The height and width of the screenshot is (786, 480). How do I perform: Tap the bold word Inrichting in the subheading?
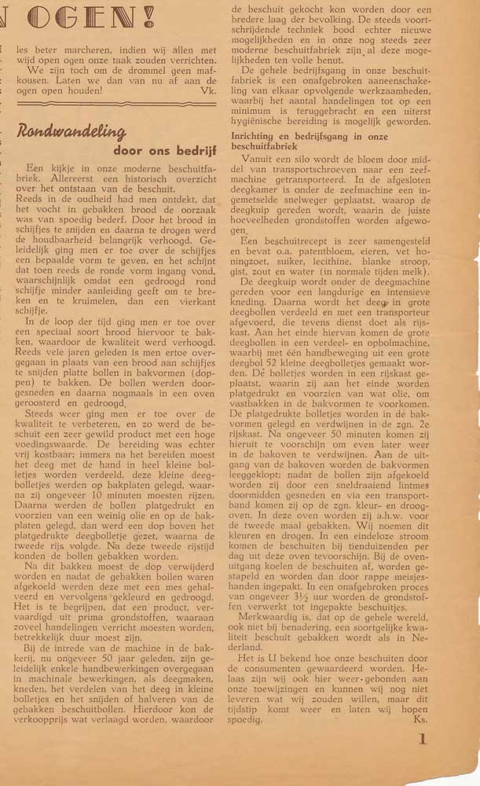(x=254, y=136)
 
